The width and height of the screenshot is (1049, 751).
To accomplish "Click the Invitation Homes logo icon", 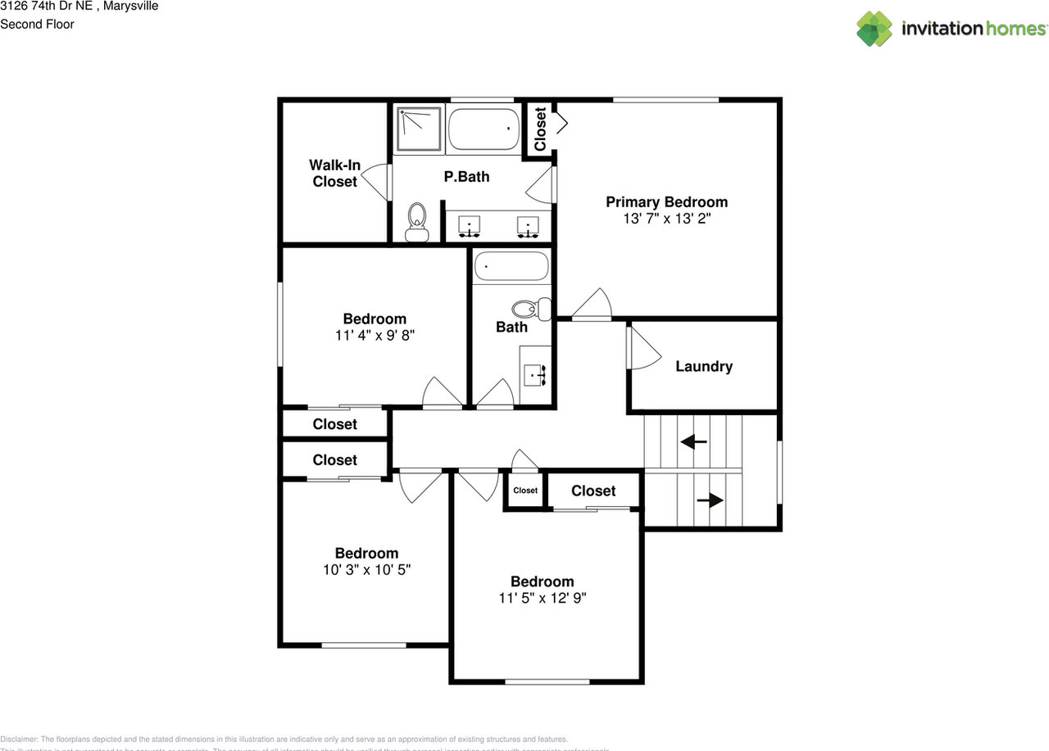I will pyautogui.click(x=874, y=29).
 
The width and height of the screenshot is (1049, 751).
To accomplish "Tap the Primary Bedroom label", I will pyautogui.click(x=666, y=202).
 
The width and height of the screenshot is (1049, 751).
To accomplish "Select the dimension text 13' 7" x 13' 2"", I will pyautogui.click(x=666, y=219).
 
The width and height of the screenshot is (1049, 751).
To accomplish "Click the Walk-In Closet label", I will pyautogui.click(x=334, y=174).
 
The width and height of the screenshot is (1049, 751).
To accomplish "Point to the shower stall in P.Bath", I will pyautogui.click(x=418, y=129).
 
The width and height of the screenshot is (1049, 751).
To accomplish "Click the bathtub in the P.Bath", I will pyautogui.click(x=484, y=129).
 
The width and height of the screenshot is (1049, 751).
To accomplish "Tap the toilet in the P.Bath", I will pyautogui.click(x=417, y=221).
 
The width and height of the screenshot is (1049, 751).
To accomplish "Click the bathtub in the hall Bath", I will pyautogui.click(x=512, y=266).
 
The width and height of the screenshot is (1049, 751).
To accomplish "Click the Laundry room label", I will pyautogui.click(x=704, y=367).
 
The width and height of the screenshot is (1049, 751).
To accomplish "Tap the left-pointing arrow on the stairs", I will pyautogui.click(x=694, y=442).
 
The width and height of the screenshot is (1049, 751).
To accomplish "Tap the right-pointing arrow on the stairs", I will pyautogui.click(x=711, y=500).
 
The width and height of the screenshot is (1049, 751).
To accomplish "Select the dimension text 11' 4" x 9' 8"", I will pyautogui.click(x=374, y=336).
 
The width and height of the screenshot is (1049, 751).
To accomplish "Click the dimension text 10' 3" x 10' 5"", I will pyautogui.click(x=366, y=570).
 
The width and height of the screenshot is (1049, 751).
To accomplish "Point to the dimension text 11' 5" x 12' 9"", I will pyautogui.click(x=543, y=599).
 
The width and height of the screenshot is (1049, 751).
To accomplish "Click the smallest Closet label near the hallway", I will pyautogui.click(x=525, y=491).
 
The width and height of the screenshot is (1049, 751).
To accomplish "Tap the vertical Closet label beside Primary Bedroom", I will pyautogui.click(x=540, y=129).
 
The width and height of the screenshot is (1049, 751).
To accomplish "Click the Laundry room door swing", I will pyautogui.click(x=643, y=348).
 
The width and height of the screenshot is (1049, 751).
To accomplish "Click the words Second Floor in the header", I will pyautogui.click(x=37, y=25).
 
